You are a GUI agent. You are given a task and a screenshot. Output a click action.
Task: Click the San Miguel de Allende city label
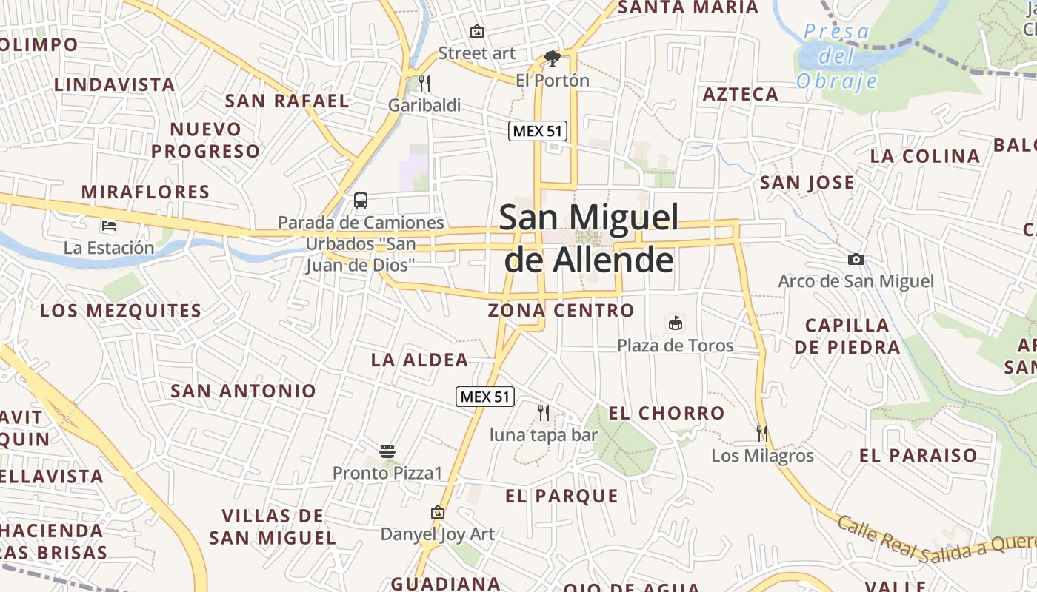pyautogui.click(x=588, y=238)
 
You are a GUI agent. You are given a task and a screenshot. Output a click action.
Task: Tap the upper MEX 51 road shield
pyautogui.click(x=538, y=131)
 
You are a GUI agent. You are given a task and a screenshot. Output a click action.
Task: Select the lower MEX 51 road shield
pyautogui.click(x=484, y=397)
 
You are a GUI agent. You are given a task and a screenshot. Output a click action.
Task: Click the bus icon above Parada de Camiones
pyautogui.click(x=361, y=200)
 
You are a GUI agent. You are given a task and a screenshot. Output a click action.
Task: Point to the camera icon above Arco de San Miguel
pyautogui.click(x=856, y=259)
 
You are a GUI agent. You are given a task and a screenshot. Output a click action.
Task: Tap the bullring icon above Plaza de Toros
pyautogui.click(x=676, y=323)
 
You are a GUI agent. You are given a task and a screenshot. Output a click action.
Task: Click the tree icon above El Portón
pyautogui.click(x=552, y=58)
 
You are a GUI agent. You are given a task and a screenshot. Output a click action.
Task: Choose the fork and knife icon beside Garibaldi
pyautogui.click(x=424, y=83)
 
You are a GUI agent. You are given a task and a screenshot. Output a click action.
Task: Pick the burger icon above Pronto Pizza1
pyautogui.click(x=387, y=451)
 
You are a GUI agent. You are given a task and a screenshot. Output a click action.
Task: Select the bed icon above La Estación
pyautogui.click(x=109, y=225)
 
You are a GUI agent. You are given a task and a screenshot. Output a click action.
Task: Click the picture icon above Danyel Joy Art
pyautogui.click(x=438, y=512)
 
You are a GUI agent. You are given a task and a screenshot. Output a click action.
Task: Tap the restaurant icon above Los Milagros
pyautogui.click(x=761, y=433)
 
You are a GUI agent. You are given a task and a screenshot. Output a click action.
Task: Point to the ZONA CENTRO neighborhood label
pyautogui.click(x=561, y=310)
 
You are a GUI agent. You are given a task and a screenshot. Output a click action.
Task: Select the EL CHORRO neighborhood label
pyautogui.click(x=666, y=413)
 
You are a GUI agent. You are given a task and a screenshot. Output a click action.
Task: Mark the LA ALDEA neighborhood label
pyautogui.click(x=419, y=360)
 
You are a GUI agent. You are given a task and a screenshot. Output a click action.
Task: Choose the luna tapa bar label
pyautogui.click(x=543, y=434)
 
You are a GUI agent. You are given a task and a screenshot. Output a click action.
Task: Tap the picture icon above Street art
pyautogui.click(x=477, y=31)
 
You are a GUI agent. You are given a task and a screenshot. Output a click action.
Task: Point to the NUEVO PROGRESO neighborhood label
pyautogui.click(x=206, y=140)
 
